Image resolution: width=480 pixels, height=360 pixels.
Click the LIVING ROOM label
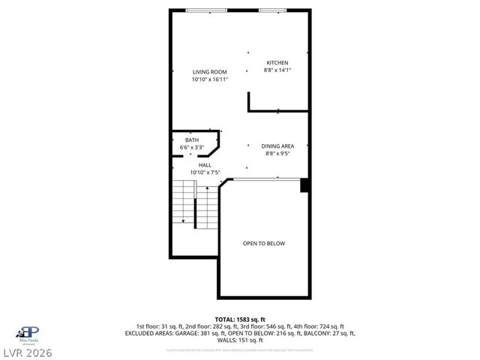click(209, 72)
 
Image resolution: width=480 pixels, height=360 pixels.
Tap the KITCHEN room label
click(277, 62)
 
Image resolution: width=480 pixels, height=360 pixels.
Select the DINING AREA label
click(277, 145)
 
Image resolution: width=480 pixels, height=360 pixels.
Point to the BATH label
click(192, 140)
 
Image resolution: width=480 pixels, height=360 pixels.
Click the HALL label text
click(205, 165)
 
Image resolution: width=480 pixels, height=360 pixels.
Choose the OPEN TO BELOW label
click(263, 243)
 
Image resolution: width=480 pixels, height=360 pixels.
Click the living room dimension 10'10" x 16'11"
click(209, 79)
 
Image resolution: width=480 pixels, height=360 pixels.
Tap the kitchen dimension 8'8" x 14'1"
click(277, 70)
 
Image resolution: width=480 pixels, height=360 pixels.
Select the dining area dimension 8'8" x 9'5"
click(277, 153)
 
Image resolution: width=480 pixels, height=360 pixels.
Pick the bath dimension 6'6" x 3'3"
click(192, 148)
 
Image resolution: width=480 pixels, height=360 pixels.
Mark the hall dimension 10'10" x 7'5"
click(205, 172)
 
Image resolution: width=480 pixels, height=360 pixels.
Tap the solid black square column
click(304, 185)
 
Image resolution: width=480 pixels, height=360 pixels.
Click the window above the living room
click(206, 10)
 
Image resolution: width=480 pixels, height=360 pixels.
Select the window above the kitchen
click(271, 10)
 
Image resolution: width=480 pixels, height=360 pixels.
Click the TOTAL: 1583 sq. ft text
click(240, 319)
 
